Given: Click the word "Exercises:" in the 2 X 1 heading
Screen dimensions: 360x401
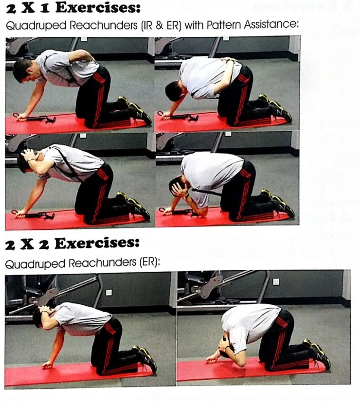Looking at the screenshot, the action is tap(98, 8).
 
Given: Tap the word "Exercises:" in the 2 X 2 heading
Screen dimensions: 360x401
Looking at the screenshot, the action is tap(97, 243).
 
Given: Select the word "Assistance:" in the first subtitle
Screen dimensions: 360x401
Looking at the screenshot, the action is tap(271, 25).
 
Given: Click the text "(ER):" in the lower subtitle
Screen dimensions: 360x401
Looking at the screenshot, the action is tap(149, 263).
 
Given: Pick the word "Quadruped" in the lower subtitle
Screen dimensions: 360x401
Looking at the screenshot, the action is tap(35, 263).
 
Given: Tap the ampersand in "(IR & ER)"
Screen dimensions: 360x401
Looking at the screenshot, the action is tap(159, 26).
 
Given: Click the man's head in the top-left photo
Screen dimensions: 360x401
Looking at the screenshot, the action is tap(24, 70).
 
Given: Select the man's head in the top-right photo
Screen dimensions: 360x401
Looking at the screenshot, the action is tap(175, 91).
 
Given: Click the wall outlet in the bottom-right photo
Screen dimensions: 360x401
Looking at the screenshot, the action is tap(276, 281).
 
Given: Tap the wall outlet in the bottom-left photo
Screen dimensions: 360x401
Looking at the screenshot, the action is tap(109, 292).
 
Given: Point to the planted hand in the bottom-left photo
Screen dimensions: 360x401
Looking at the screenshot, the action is tap(47, 365).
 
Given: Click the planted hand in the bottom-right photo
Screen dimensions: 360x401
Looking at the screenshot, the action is tap(212, 359).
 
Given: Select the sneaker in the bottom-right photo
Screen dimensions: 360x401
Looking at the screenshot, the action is tap(318, 354).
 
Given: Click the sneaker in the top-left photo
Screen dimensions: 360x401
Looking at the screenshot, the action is tap(136, 110).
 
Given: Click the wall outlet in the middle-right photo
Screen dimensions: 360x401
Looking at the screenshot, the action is tap(228, 134).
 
